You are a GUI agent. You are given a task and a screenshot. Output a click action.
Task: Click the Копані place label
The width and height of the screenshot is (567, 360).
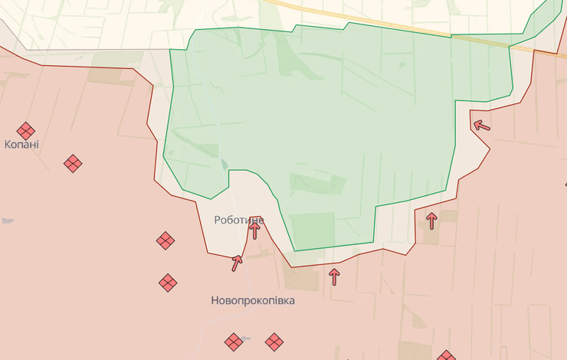[x=21, y=144]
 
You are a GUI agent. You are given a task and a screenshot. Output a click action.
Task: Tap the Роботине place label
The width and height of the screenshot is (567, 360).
[x=239, y=220]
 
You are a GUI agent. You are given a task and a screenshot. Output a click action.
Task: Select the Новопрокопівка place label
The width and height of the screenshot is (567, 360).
[x=252, y=301]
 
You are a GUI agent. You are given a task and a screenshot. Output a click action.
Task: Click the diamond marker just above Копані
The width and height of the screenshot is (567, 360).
[x=26, y=131]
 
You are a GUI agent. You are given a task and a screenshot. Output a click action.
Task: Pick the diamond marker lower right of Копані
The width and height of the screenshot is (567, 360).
[x=73, y=162]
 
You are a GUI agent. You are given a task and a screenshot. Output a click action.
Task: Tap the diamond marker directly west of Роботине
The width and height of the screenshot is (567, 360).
[x=166, y=241]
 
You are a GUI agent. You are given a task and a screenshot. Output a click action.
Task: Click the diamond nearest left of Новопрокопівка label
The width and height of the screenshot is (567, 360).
[x=169, y=283]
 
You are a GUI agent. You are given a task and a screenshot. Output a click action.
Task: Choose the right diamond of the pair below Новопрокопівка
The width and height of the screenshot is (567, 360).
[x=274, y=342]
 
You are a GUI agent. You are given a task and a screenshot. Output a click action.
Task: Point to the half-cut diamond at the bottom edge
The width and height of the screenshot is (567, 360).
[x=446, y=356]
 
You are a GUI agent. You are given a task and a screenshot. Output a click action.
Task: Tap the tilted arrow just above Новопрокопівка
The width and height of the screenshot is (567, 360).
[x=238, y=263]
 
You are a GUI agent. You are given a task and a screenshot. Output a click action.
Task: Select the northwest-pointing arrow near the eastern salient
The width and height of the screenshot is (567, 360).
[x=480, y=125]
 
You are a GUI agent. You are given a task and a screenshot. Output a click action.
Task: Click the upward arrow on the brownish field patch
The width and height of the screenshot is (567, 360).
[x=431, y=221]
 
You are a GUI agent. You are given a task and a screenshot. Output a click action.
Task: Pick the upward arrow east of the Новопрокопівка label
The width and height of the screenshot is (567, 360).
[x=333, y=276]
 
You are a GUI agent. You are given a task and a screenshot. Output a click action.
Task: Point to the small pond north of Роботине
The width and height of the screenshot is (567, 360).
[x=224, y=164]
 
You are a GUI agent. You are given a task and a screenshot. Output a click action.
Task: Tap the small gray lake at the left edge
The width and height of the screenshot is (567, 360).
[x=6, y=221]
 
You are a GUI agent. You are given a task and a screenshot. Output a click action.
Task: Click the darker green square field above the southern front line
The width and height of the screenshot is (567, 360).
[x=313, y=230]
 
